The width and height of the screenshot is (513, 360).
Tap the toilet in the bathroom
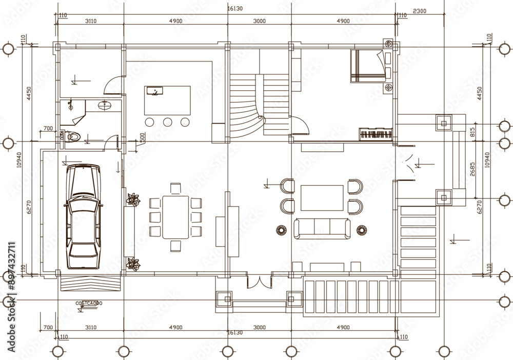click(73, 137)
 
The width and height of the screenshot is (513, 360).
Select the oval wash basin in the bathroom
click(105, 106)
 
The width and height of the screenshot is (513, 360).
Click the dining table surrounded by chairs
click(175, 217)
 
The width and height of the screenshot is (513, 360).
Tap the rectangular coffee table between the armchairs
click(322, 198)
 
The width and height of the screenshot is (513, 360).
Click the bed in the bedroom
click(367, 66)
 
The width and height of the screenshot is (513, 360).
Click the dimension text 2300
click(419, 11)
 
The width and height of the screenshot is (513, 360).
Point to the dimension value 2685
click(472, 169)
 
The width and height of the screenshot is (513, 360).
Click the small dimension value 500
click(142, 138)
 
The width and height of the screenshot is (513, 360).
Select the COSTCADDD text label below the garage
click(89, 303)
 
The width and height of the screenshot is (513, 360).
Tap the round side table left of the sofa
click(282, 230)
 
